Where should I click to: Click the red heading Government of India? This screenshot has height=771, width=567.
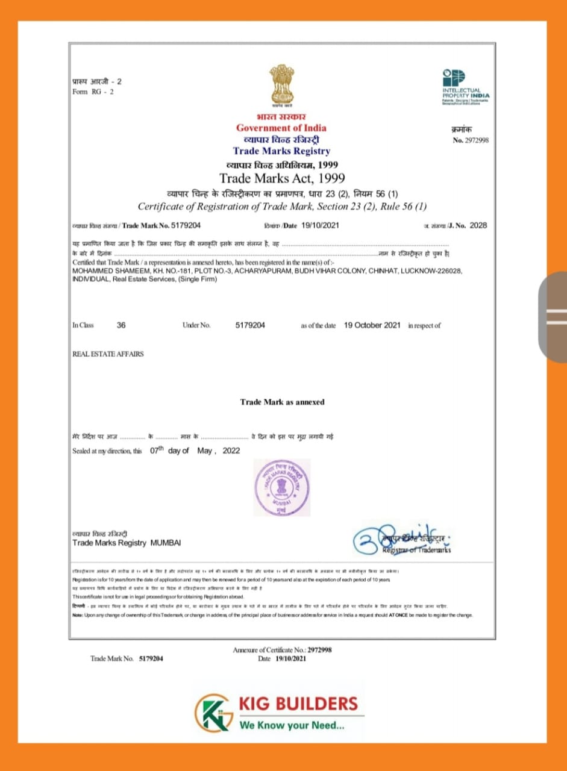tap(281, 128)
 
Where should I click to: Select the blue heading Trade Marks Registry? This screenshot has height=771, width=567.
tap(281, 151)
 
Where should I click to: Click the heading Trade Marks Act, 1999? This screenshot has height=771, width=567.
tap(282, 178)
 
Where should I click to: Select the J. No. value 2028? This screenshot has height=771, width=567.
tap(478, 225)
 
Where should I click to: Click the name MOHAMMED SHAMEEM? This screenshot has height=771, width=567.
tap(101, 272)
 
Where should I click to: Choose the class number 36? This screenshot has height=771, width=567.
tap(121, 325)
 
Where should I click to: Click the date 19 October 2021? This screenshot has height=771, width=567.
tap(372, 325)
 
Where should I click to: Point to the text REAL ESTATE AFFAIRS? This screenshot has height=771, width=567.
tap(108, 354)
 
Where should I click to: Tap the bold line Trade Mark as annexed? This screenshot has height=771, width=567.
tap(282, 402)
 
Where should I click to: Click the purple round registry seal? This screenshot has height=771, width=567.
tap(282, 487)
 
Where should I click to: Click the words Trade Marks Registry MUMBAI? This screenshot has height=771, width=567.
tap(126, 543)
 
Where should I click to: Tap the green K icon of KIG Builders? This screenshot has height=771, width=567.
tap(214, 713)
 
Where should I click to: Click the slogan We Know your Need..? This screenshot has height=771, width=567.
tap(292, 725)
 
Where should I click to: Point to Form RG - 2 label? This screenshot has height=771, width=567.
tap(93, 92)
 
